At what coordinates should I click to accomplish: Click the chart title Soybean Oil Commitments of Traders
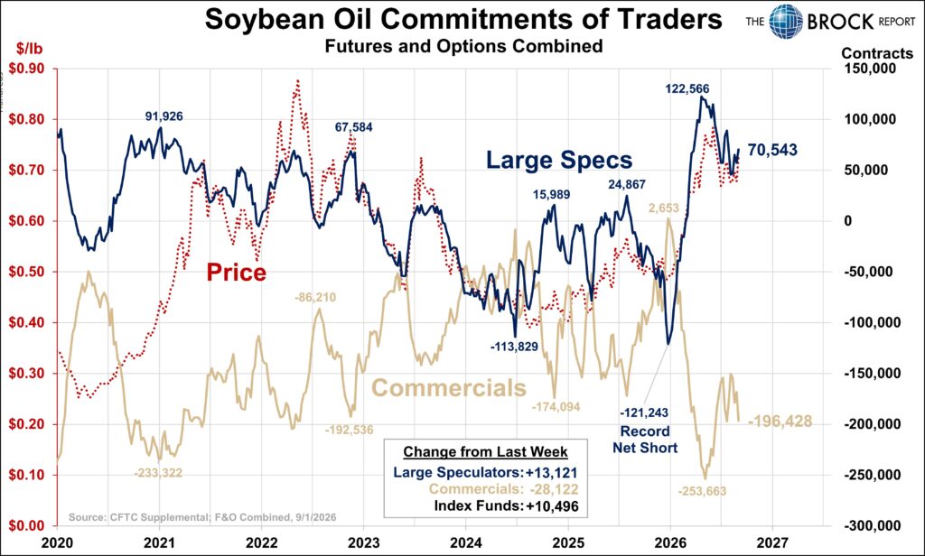point(463,19)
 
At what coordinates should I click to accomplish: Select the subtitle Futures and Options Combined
point(463,46)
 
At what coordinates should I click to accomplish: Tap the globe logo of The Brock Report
point(786,22)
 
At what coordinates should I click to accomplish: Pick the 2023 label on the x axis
point(363,542)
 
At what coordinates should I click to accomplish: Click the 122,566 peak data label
point(687,89)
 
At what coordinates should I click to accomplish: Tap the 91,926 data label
point(164,116)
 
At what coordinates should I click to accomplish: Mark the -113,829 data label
point(514,347)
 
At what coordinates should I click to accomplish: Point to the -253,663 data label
point(702,491)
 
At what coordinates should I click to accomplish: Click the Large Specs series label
point(559,161)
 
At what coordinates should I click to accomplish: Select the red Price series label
point(236,273)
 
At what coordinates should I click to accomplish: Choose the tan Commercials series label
point(449,388)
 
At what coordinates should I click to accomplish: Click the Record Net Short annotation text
point(645,440)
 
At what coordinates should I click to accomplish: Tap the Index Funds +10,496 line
point(506,505)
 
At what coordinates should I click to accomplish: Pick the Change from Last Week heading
point(485,452)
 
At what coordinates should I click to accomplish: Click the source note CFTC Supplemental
point(202,518)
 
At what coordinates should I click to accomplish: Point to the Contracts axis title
point(876,53)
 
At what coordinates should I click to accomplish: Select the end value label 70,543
point(772,151)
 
